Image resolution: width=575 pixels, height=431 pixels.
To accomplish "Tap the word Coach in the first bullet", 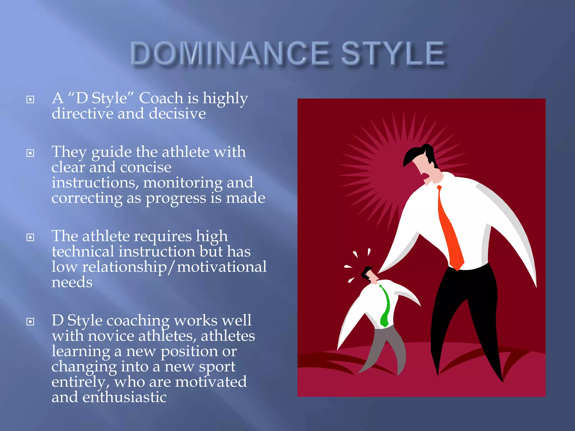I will (161, 98).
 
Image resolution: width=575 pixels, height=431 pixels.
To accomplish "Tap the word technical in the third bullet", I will (83, 251).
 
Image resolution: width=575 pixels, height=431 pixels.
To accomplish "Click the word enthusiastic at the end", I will (124, 397).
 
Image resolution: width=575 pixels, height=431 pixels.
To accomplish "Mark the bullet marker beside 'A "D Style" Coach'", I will (30, 99).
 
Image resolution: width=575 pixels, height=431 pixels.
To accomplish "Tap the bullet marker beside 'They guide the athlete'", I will (30, 153).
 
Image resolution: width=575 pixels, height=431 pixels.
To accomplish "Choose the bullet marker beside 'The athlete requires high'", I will (30, 237).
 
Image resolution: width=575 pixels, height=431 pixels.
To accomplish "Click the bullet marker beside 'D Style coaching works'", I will (30, 322).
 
